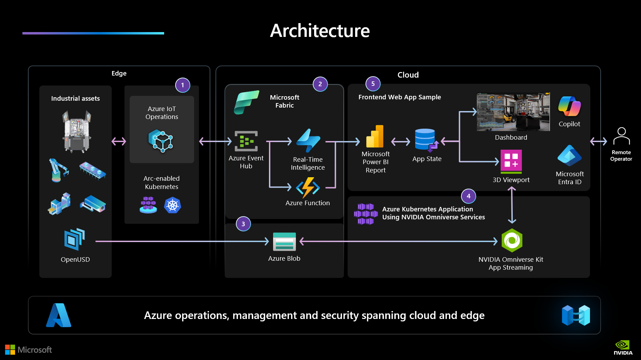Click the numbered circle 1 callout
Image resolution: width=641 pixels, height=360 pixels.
coord(182,85)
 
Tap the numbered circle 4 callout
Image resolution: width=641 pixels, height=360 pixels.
coord(468,196)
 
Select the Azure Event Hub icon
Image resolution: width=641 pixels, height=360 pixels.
coord(246,141)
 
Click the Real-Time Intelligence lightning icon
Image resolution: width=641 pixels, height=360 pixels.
coord(308,141)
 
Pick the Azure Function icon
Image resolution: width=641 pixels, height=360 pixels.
coord(308,188)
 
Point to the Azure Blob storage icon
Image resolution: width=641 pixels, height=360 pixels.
coord(284,241)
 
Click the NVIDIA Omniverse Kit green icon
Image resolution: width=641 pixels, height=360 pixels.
coord(512,240)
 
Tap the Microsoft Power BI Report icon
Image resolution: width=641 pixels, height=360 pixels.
coord(375,137)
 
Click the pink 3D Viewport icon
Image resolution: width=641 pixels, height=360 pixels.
coord(511,161)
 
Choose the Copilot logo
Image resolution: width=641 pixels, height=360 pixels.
coord(569,106)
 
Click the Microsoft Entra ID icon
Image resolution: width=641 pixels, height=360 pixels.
coord(569,156)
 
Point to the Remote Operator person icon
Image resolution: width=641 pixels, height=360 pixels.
coord(621,136)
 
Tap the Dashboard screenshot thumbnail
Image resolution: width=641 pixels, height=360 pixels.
coord(513,112)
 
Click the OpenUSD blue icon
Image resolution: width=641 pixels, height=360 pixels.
coord(74,239)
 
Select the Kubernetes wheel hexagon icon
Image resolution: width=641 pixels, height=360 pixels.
coord(173,206)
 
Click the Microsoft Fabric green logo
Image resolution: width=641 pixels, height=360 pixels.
coord(246,102)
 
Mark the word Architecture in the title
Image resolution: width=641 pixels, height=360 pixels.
coord(320,31)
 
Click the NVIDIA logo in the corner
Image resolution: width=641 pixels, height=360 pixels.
coord(623,347)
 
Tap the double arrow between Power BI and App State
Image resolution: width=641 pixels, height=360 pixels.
coord(400,141)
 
